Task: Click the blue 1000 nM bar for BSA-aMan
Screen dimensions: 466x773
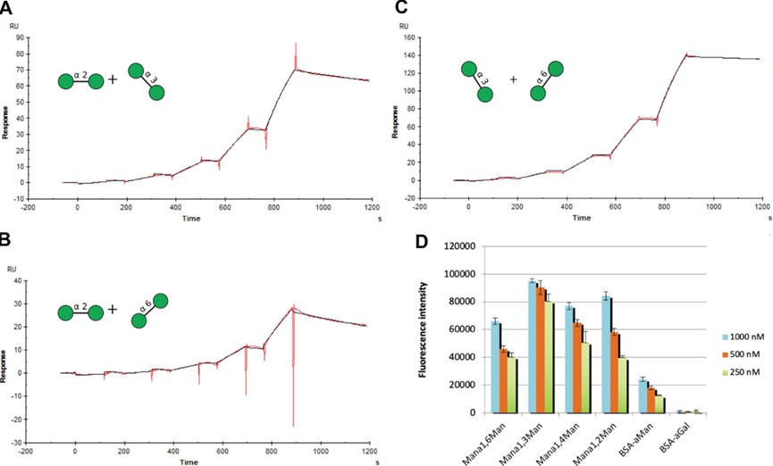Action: tap(643, 396)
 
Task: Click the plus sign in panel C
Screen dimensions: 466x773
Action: tap(514, 79)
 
